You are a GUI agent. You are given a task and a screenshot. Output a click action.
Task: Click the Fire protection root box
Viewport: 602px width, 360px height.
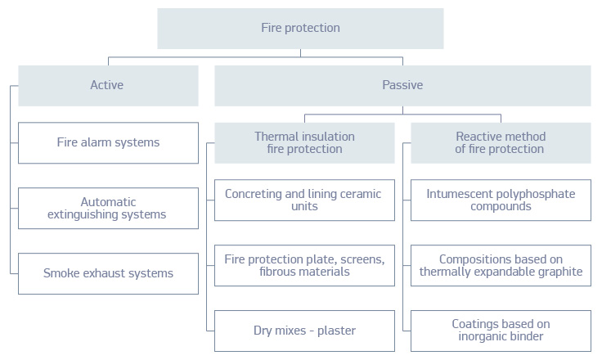(x=300, y=29)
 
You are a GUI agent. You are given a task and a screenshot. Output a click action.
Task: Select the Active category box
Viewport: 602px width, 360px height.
(x=108, y=85)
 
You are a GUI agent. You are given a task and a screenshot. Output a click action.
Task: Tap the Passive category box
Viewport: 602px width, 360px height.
(x=402, y=85)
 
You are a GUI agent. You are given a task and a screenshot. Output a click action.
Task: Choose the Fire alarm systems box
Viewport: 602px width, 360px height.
(x=108, y=142)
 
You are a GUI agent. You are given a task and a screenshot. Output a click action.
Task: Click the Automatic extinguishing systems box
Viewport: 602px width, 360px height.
(x=108, y=208)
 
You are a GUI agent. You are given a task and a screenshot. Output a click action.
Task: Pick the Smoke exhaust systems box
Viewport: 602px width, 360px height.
(x=108, y=273)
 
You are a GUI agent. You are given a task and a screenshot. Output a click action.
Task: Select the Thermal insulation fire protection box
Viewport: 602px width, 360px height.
(x=304, y=142)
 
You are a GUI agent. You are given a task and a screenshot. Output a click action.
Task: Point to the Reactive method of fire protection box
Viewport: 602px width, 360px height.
(x=501, y=142)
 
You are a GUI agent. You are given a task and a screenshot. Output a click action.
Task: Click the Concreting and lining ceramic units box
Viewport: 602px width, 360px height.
(x=304, y=200)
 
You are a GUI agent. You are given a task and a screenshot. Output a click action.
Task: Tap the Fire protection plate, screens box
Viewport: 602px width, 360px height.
(x=304, y=265)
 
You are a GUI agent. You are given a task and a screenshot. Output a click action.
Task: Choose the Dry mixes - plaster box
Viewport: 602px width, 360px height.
(x=304, y=331)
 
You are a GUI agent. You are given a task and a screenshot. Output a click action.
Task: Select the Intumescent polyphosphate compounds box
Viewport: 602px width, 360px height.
(x=501, y=200)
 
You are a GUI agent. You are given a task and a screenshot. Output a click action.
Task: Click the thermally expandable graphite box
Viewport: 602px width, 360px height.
(x=501, y=265)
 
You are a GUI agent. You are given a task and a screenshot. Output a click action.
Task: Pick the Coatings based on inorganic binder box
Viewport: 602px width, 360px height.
(x=501, y=331)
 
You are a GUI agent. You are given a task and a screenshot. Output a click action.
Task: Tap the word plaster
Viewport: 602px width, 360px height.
(x=335, y=331)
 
